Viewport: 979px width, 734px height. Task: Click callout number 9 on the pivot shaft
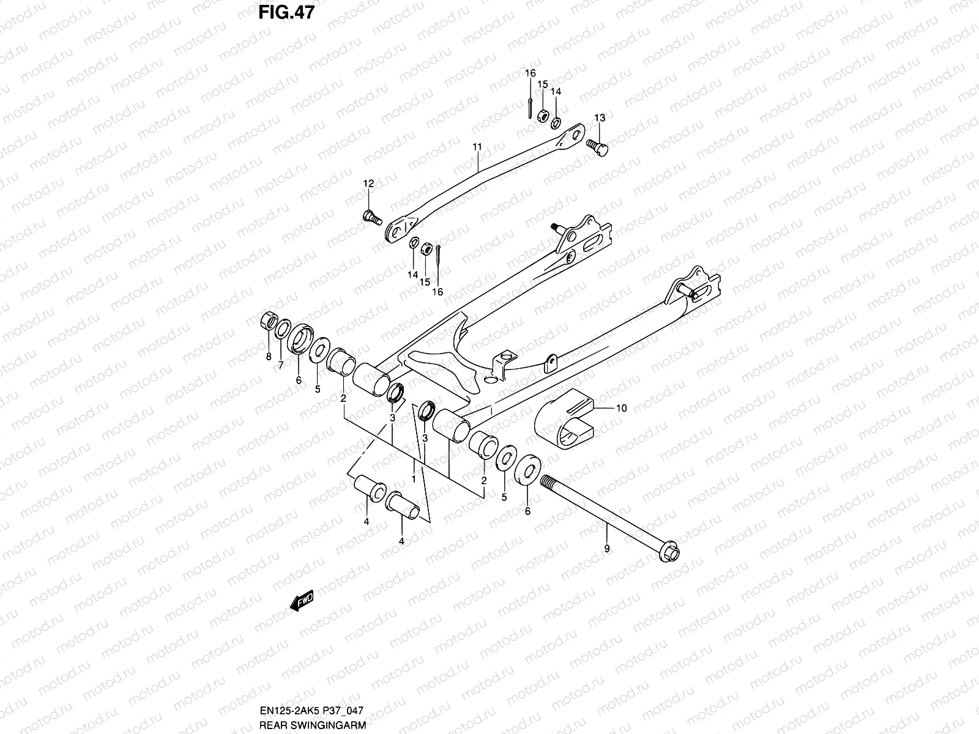(607, 549)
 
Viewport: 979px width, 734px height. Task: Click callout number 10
(621, 408)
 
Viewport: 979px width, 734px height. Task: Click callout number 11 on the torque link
(477, 147)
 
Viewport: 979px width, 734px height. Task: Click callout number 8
(268, 357)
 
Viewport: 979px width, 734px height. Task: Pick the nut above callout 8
(267, 321)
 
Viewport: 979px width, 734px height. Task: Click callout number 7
(281, 365)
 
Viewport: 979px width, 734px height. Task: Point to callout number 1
(414, 479)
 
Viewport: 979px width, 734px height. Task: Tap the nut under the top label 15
(543, 115)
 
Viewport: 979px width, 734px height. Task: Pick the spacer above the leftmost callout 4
(370, 490)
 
